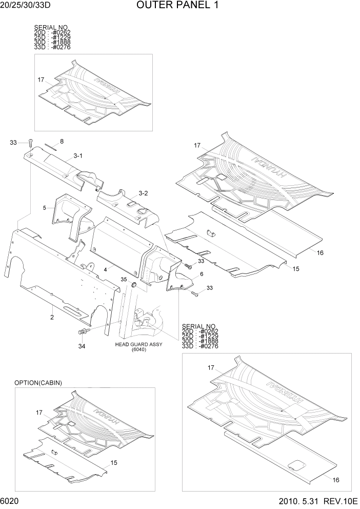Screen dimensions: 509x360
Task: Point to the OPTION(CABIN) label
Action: (x=38, y=383)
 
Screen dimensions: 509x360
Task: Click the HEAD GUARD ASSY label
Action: (x=138, y=344)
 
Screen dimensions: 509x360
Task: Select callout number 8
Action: (x=62, y=141)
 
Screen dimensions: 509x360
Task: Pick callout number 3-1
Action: (x=78, y=155)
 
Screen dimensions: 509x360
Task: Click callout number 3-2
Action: (x=143, y=193)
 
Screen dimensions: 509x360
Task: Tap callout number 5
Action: (x=45, y=208)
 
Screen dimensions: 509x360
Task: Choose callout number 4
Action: (x=105, y=268)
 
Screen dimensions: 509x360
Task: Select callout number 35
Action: (x=124, y=279)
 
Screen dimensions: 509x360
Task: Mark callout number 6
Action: (x=194, y=274)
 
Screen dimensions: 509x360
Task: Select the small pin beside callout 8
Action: (x=50, y=145)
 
